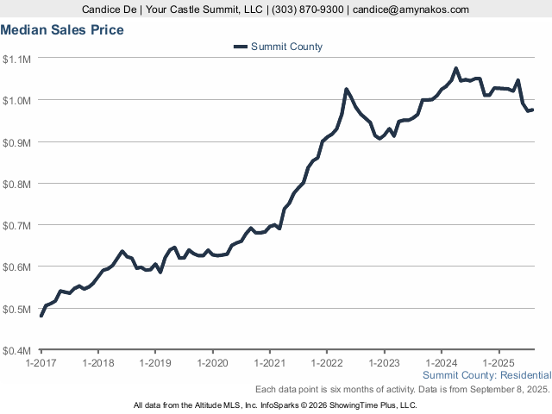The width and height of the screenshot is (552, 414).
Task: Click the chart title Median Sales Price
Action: (62, 30)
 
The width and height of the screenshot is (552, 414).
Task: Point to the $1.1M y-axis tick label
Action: (17, 59)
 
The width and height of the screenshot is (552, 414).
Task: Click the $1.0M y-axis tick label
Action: (17, 100)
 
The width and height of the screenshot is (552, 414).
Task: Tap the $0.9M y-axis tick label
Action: (17, 142)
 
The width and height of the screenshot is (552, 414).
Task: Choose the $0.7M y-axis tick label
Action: (17, 225)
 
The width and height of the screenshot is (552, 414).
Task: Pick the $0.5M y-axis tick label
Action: (17, 309)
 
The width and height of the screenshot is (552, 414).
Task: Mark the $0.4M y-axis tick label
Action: (17, 351)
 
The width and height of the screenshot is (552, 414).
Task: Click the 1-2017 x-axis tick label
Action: (41, 363)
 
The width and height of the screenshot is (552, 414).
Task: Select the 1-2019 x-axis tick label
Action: (155, 363)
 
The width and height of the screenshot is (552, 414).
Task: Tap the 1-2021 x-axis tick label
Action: (270, 363)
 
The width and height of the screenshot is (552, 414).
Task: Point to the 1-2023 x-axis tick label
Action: (384, 363)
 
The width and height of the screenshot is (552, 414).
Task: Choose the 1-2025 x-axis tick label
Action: (499, 363)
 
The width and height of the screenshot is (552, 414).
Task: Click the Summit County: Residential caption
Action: (487, 375)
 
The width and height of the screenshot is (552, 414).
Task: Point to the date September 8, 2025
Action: (511, 390)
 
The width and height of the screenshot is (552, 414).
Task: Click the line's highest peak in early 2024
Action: (456, 68)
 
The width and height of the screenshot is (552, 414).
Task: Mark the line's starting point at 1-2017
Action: (41, 316)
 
